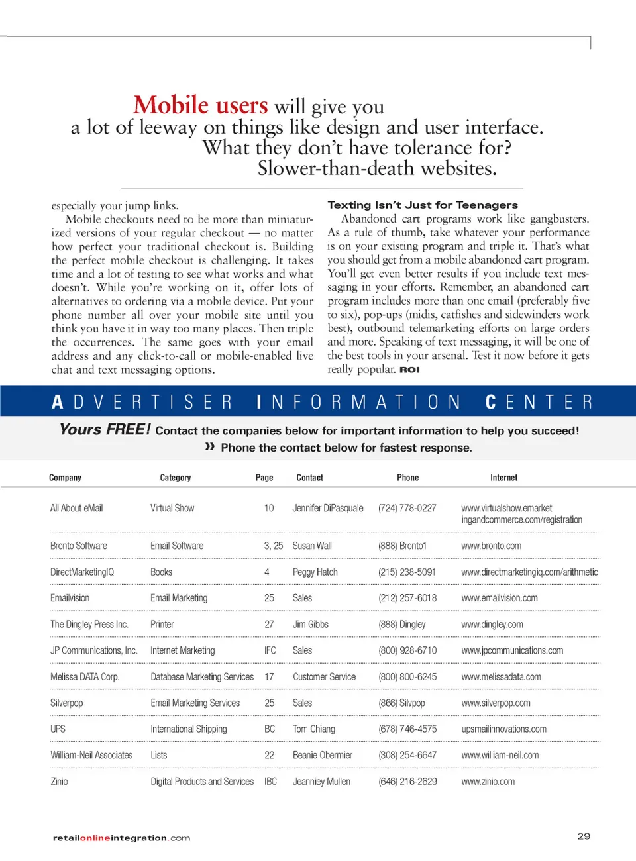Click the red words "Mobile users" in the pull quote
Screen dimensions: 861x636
pos(201,105)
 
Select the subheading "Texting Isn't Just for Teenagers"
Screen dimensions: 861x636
pos(423,205)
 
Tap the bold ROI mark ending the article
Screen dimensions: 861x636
pos(409,370)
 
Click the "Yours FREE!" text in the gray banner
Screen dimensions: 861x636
pos(105,430)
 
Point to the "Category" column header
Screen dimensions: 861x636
pos(175,478)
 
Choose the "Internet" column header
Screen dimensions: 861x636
pos(503,478)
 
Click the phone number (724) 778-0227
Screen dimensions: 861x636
pos(407,508)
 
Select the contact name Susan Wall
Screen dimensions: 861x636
pos(312,546)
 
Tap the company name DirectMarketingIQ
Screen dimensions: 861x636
pos(82,572)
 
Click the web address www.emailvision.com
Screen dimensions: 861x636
pos(499,598)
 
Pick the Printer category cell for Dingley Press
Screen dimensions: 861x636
pos(162,624)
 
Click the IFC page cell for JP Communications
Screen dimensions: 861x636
pos(270,650)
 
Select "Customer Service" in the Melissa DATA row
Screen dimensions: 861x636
pos(324,677)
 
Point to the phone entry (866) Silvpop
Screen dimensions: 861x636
pos(401,703)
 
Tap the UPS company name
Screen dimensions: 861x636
pos(58,729)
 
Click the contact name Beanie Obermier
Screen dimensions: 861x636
pos(322,755)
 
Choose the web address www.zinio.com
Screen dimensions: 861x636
pos(488,782)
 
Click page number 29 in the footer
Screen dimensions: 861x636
pos(583,836)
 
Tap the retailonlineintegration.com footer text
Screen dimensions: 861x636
pos(121,838)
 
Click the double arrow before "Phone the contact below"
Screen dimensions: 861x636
pos(210,447)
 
